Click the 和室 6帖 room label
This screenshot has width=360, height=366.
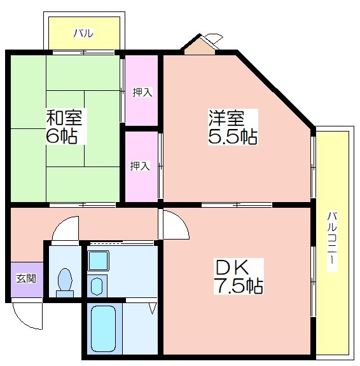click(x=64, y=126)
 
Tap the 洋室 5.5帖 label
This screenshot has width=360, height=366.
click(x=233, y=127)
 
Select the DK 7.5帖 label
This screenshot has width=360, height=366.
click(x=239, y=276)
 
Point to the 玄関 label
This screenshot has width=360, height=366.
click(x=26, y=278)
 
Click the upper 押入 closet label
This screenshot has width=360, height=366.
click(x=142, y=92)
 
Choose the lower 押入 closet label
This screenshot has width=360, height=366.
click(x=140, y=166)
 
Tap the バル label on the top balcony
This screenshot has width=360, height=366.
click(x=83, y=34)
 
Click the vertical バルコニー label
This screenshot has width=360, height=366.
click(x=332, y=241)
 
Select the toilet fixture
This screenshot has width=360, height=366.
click(x=65, y=283)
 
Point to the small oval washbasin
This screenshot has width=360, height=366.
click(x=97, y=286)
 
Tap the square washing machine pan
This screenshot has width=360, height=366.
click(x=98, y=261)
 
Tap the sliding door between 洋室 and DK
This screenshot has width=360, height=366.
click(x=237, y=205)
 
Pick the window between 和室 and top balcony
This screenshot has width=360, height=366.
click(x=83, y=52)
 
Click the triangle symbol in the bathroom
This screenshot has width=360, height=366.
click(x=153, y=309)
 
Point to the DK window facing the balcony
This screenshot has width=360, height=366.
click(x=313, y=281)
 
